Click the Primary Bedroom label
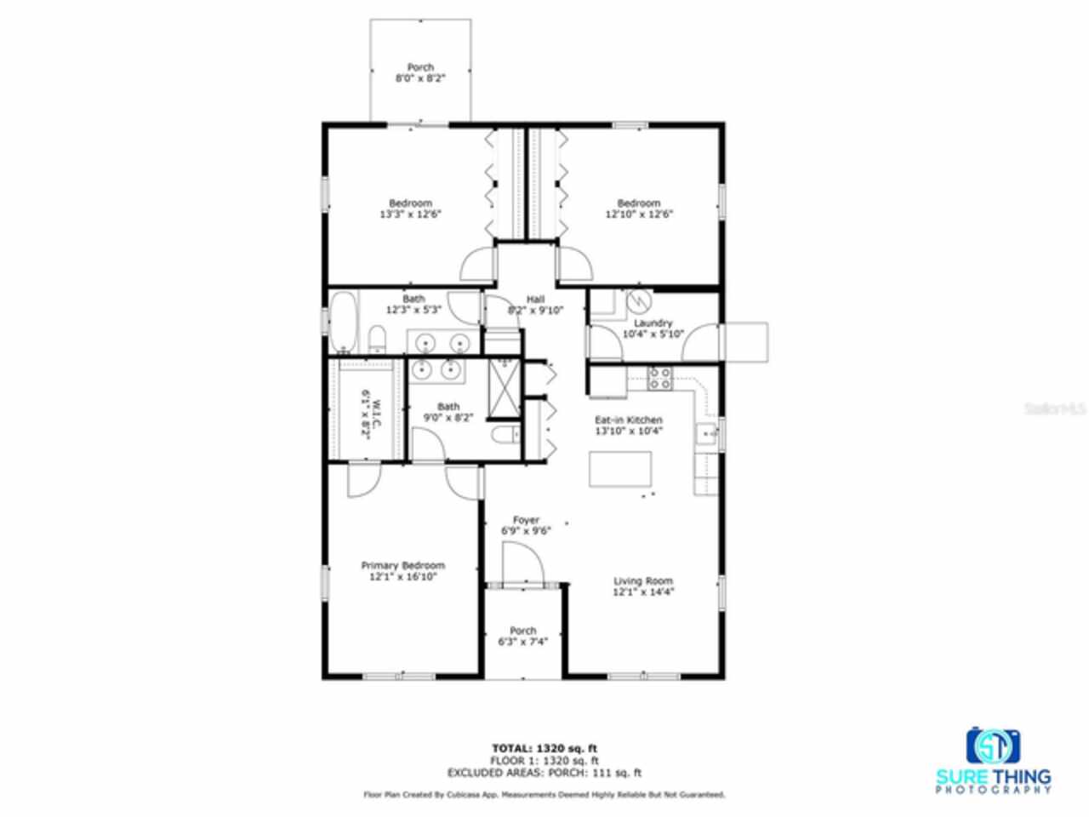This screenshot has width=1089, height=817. [402, 566]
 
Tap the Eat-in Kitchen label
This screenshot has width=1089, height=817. [628, 420]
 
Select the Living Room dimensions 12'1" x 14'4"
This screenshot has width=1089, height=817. [643, 592]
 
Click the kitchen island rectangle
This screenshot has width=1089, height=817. [620, 469]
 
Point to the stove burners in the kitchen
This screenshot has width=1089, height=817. [660, 378]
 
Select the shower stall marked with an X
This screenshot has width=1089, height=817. [505, 388]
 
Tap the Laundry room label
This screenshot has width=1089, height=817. [653, 323]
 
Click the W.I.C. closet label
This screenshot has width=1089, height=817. [365, 414]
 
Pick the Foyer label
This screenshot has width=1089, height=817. [526, 520]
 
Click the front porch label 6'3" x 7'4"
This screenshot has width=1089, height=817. [522, 642]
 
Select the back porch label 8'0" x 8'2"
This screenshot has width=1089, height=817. [420, 77]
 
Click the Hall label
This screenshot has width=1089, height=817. [535, 299]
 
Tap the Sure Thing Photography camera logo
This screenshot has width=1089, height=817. [993, 746]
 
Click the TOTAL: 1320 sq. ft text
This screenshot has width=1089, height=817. [544, 748]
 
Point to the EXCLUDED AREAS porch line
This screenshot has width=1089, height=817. [544, 773]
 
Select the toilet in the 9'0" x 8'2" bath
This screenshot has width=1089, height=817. [505, 436]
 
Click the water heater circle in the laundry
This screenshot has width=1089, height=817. [637, 301]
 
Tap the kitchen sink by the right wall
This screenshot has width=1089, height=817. [705, 435]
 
